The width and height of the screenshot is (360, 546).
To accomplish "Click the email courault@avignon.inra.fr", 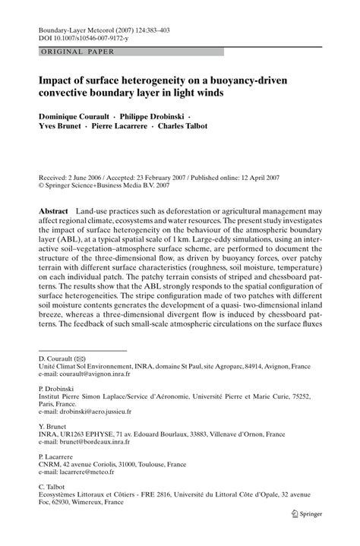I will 84,396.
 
